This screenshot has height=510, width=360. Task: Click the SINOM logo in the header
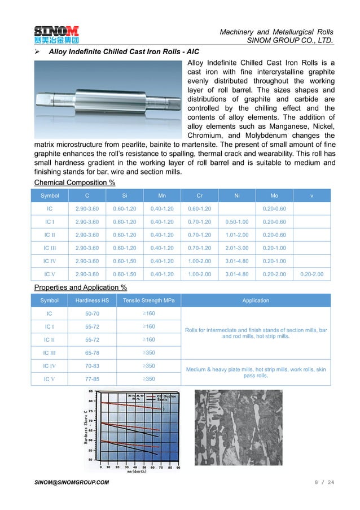click(56, 34)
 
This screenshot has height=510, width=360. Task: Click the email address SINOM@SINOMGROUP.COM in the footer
click(72, 482)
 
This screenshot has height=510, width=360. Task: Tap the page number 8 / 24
click(324, 482)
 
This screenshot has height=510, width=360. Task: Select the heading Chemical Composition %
click(74, 182)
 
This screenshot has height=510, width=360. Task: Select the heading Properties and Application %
click(80, 287)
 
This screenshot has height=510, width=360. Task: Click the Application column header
click(256, 300)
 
